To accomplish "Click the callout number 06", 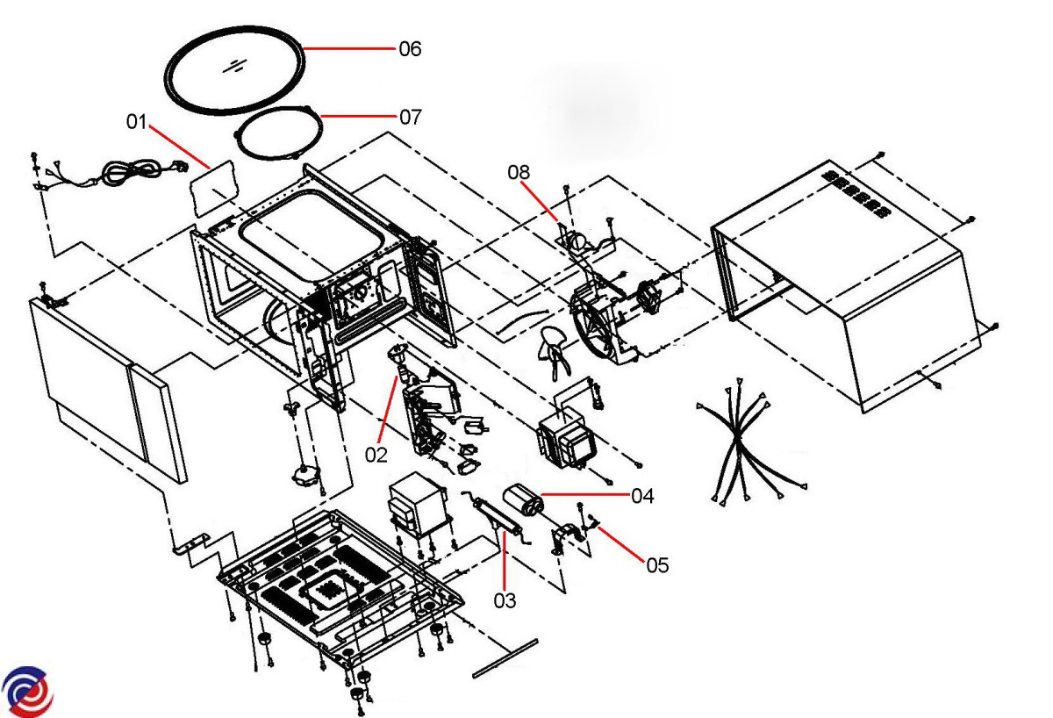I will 410,49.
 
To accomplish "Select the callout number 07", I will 410,117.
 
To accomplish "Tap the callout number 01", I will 136,121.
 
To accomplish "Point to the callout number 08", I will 519,172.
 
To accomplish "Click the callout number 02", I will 376,455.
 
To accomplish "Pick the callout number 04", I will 642,496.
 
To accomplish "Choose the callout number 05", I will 657,565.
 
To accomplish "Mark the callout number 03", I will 505,600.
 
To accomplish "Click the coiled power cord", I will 132,172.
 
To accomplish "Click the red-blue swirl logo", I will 26,690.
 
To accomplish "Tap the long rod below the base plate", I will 505,657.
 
